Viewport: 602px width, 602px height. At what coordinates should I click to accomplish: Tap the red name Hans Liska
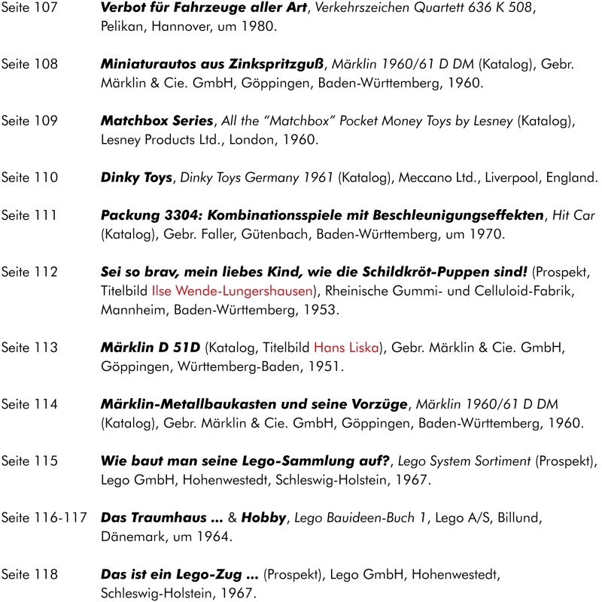coord(346,348)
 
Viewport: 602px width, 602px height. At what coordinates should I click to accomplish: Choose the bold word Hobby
coord(264,518)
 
